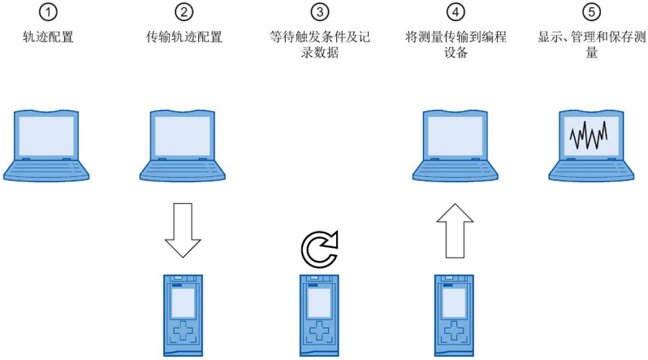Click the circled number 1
click(48, 12)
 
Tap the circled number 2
click(184, 12)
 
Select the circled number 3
click(320, 12)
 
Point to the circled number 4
click(456, 12)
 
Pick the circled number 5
click(592, 12)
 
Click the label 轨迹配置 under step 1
click(48, 37)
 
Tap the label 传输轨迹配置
click(184, 37)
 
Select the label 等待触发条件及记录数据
click(320, 44)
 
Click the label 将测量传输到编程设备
click(456, 44)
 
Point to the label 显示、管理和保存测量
click(592, 44)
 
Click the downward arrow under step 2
click(183, 230)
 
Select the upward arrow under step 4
click(455, 231)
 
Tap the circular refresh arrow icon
click(319, 249)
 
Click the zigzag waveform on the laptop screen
click(589, 135)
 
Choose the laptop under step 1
click(46, 145)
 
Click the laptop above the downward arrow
click(182, 145)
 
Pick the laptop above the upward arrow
click(455, 145)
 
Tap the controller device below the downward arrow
click(183, 315)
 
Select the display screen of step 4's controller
click(454, 302)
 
